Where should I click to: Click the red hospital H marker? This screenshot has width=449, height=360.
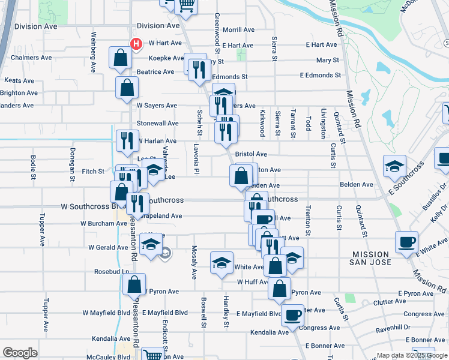(x=136, y=44)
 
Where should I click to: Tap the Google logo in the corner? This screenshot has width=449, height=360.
(x=20, y=353)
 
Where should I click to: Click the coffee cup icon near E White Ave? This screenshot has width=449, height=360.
(x=406, y=242)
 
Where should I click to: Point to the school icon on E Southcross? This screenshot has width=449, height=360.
(x=394, y=166)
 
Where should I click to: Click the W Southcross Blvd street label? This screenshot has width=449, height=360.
(x=91, y=206)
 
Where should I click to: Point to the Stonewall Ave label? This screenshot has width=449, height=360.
(x=158, y=123)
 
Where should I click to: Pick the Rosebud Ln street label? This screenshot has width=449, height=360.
(x=112, y=271)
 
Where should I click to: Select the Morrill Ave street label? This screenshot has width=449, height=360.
(x=238, y=30)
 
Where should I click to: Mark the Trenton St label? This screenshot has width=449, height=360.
(x=308, y=222)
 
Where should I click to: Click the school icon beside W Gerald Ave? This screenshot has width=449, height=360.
(x=150, y=244)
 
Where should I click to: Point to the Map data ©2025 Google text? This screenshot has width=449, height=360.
(x=411, y=355)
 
